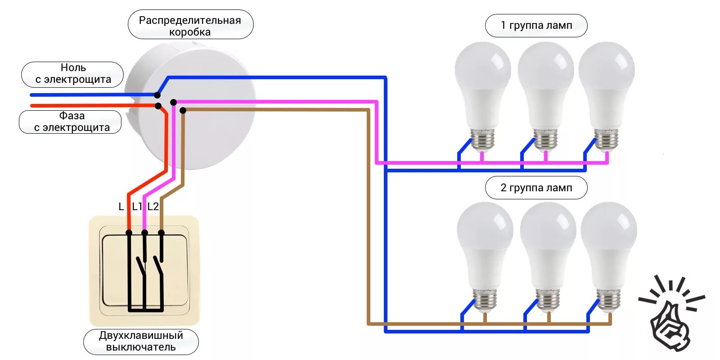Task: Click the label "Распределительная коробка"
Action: click(x=190, y=26)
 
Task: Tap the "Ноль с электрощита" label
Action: click(x=72, y=74)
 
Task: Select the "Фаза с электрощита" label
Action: click(x=71, y=122)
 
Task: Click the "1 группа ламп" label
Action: click(x=536, y=26)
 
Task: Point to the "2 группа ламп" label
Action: click(x=536, y=188)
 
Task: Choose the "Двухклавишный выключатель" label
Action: click(x=141, y=341)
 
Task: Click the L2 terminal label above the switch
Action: click(x=153, y=207)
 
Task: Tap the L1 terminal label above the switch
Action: click(x=137, y=207)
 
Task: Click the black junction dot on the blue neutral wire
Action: click(x=157, y=95)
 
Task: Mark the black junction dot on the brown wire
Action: click(x=183, y=110)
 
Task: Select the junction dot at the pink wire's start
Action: click(x=173, y=103)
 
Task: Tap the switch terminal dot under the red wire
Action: click(x=129, y=233)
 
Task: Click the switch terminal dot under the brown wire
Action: click(x=161, y=233)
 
